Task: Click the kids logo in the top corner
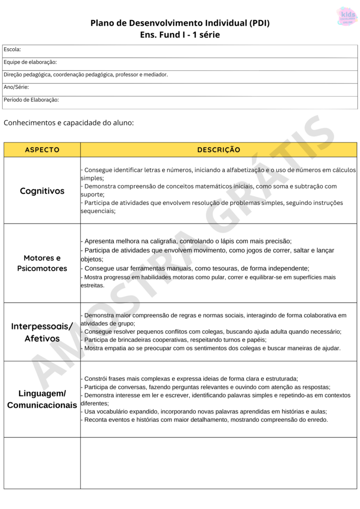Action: click(x=347, y=16)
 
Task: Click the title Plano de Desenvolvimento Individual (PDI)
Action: click(x=180, y=23)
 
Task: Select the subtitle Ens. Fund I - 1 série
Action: click(x=180, y=35)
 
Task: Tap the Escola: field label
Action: click(x=12, y=49)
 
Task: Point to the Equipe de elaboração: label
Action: click(x=30, y=62)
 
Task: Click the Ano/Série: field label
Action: click(x=16, y=87)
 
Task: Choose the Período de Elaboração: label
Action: click(x=31, y=100)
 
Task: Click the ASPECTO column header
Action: click(x=42, y=150)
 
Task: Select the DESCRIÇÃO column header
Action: click(x=218, y=150)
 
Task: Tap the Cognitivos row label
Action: click(x=42, y=191)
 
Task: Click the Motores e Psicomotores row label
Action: click(x=42, y=263)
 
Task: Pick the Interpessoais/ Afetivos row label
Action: click(x=42, y=332)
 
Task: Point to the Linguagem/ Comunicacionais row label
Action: click(x=42, y=399)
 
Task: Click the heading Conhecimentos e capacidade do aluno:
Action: click(x=69, y=123)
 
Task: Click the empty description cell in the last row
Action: click(x=218, y=463)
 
